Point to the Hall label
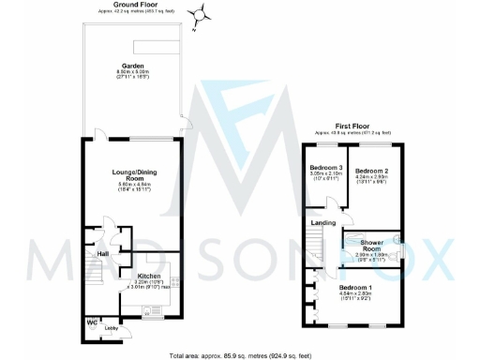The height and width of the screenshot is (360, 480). pyautogui.click(x=91, y=250)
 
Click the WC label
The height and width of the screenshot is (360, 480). pyautogui.click(x=91, y=323)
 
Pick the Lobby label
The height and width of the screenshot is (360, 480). pyautogui.click(x=111, y=328)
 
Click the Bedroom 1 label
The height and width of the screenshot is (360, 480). pyautogui.click(x=355, y=286)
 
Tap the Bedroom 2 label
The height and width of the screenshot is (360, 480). pyautogui.click(x=371, y=171)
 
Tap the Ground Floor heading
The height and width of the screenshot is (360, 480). pyautogui.click(x=134, y=5)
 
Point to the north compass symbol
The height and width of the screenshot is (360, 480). pyautogui.click(x=199, y=14)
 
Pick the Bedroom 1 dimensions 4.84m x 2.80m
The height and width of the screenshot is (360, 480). pyautogui.click(x=355, y=294)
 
